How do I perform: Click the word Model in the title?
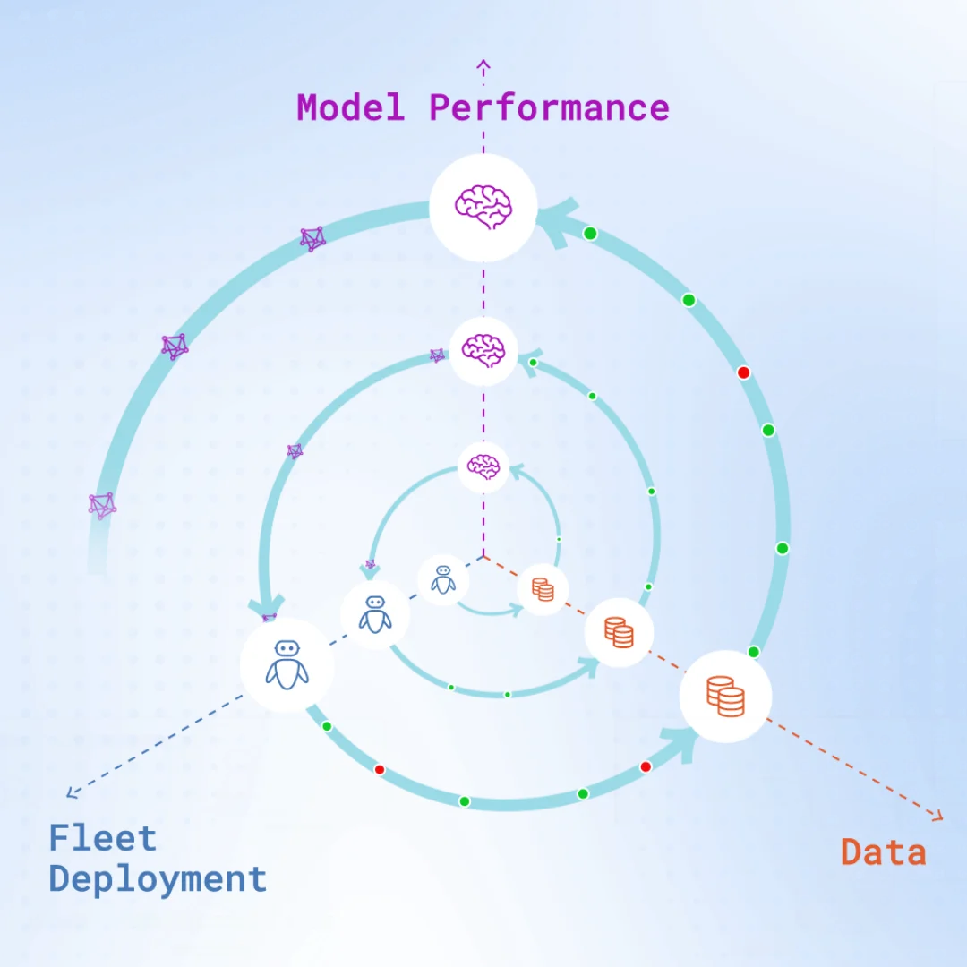coord(350,107)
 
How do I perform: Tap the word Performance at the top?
coord(549,107)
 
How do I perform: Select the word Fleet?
coord(103,839)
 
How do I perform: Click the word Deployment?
coord(158,879)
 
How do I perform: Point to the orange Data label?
coord(883,851)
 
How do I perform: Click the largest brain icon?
coord(483,206)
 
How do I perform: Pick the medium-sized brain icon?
coord(483,350)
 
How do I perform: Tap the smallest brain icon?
coord(483,466)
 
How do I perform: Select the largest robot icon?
coord(287,664)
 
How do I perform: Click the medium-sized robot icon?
coord(375,615)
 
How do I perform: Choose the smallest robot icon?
coord(443,579)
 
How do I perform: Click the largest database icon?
coord(725,697)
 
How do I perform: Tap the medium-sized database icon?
coord(619,632)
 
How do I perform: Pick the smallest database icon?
coord(543,589)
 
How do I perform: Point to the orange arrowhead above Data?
coord(937,815)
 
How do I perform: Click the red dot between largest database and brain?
coord(743,372)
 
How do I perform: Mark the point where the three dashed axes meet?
coord(483,556)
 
